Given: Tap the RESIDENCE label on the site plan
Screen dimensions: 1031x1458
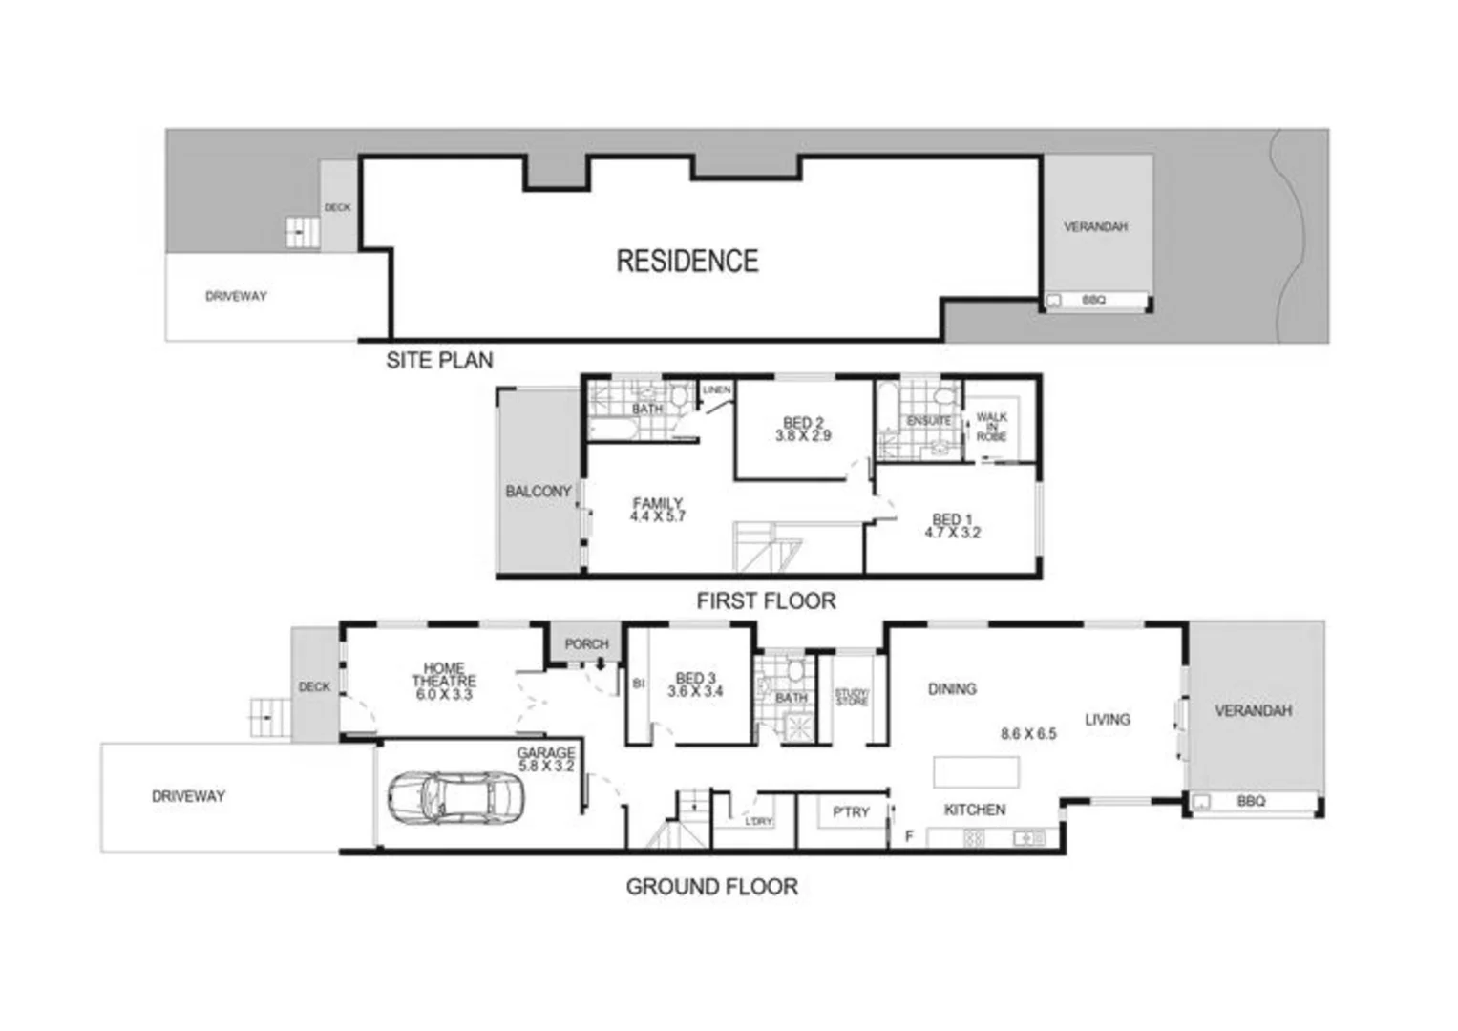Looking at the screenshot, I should [687, 261].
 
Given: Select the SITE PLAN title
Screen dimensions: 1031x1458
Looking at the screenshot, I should [439, 360].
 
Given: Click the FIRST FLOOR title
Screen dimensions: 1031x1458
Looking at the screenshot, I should [766, 600].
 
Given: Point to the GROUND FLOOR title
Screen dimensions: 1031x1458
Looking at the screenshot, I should [711, 886].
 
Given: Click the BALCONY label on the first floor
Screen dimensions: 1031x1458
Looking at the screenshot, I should [538, 491].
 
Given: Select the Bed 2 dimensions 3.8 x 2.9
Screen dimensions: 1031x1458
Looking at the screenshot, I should [803, 435].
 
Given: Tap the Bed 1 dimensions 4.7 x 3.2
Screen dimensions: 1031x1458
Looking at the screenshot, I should [952, 533].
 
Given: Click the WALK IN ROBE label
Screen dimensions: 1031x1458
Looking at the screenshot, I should [991, 427].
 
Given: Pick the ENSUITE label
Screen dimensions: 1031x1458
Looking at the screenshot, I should [928, 420].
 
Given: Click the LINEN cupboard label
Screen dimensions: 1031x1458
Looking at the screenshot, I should [716, 390].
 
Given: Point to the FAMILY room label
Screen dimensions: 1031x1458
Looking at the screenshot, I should [658, 503].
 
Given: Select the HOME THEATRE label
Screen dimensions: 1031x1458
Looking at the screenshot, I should [444, 675].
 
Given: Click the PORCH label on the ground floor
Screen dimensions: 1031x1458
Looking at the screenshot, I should [586, 644].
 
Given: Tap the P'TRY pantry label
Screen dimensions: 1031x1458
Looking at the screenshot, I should [851, 811].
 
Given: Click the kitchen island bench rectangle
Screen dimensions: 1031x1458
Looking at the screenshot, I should [976, 770].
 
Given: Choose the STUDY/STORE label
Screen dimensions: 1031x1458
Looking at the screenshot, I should [852, 697].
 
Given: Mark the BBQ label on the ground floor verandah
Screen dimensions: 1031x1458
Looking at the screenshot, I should [1251, 801].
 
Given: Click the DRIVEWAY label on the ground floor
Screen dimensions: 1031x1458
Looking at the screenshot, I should [188, 795].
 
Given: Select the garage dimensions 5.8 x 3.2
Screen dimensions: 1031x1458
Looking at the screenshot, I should [546, 766].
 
